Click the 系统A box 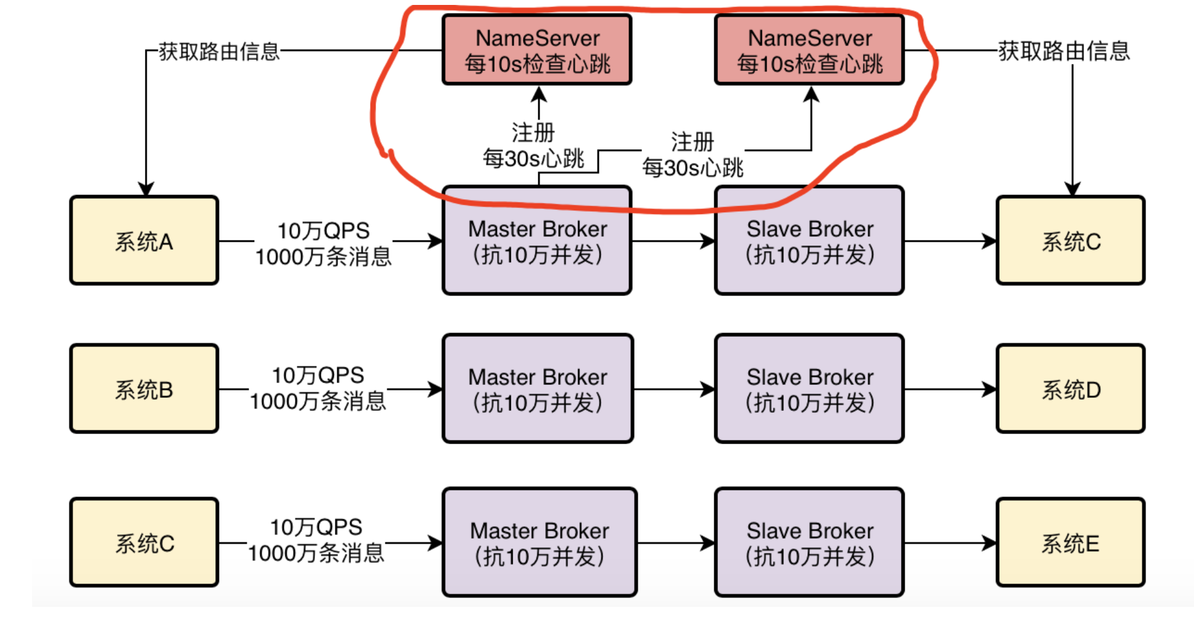(x=144, y=241)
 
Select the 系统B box (x=144, y=389)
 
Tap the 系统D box (x=1071, y=389)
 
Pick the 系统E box (x=1071, y=542)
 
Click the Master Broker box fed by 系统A (x=537, y=241)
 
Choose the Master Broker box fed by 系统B (x=538, y=389)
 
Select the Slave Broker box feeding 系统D (x=809, y=389)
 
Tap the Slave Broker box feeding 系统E (x=809, y=542)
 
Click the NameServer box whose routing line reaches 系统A (x=537, y=49)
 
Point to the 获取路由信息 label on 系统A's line (x=220, y=51)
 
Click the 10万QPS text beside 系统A (x=323, y=231)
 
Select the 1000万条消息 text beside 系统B (x=318, y=401)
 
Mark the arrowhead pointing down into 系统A (x=146, y=189)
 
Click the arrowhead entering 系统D (x=989, y=389)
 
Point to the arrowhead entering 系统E (x=989, y=543)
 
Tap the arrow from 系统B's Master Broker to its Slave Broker (x=674, y=389)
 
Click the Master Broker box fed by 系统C (x=540, y=542)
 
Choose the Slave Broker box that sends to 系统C (x=809, y=241)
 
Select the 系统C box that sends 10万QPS (x=144, y=542)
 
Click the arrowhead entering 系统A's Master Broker (x=435, y=241)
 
